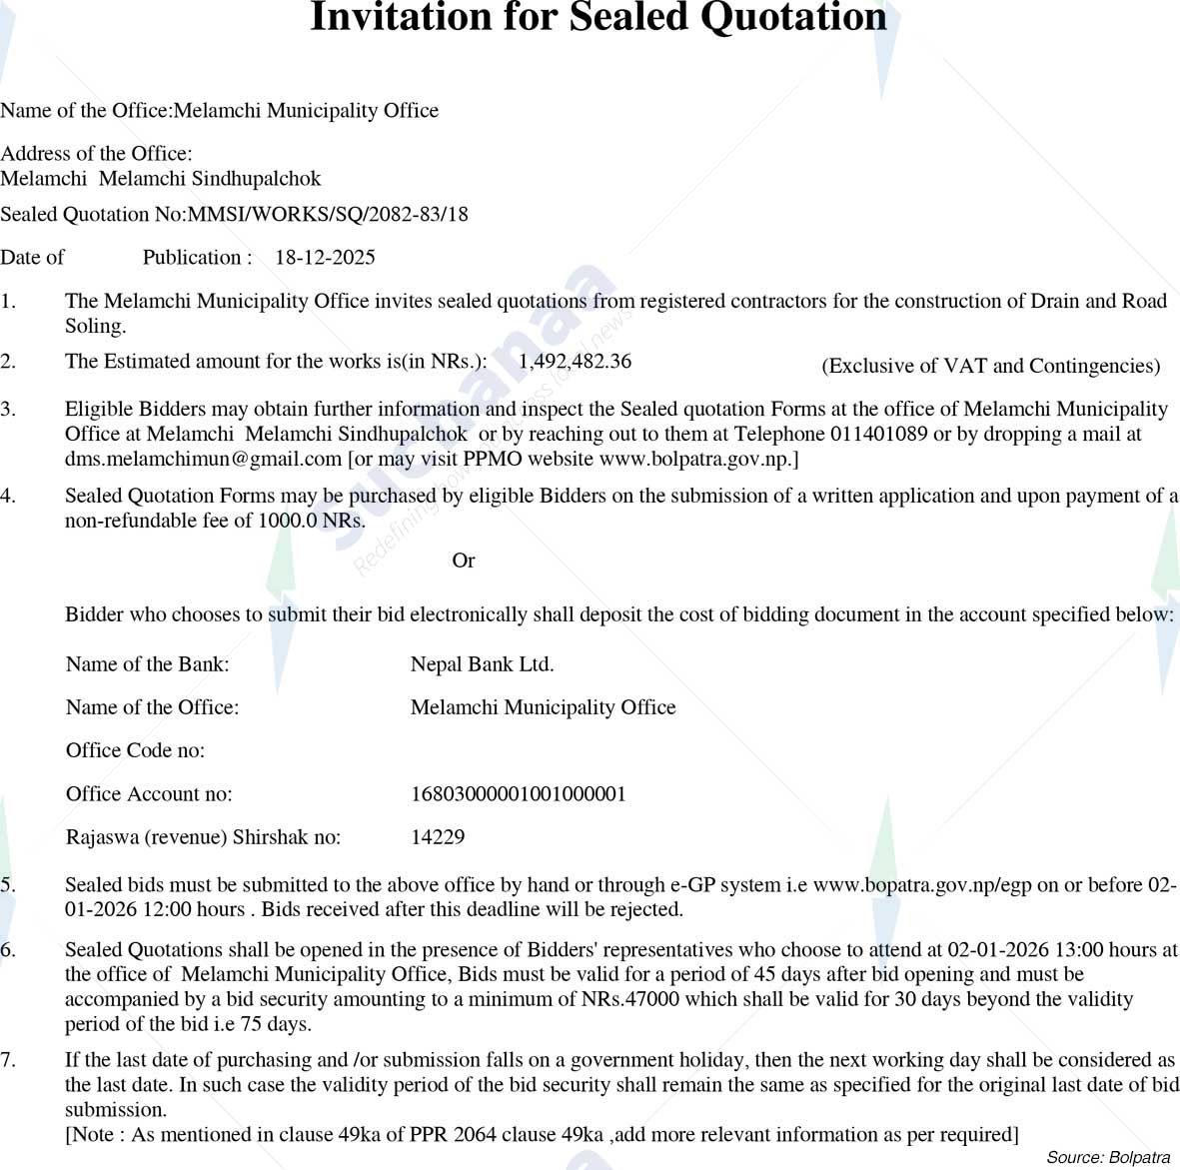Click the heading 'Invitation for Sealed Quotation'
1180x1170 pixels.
pyautogui.click(x=597, y=18)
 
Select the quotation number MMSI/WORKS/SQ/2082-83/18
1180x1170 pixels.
pyautogui.click(x=328, y=214)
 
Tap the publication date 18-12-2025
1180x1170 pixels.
pyautogui.click(x=325, y=258)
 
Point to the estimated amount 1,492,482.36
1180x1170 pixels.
pyautogui.click(x=575, y=362)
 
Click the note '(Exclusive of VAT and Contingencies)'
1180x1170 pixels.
pyautogui.click(x=990, y=366)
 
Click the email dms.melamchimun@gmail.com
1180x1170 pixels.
pyautogui.click(x=204, y=459)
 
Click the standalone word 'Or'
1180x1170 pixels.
pyautogui.click(x=463, y=561)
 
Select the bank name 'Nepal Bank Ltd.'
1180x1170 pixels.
pyautogui.click(x=482, y=664)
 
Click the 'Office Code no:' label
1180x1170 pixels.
pyautogui.click(x=135, y=750)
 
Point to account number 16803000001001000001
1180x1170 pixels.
pyautogui.click(x=518, y=794)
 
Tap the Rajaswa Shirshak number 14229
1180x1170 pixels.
pyautogui.click(x=438, y=837)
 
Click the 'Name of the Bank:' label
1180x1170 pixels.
pyautogui.click(x=147, y=664)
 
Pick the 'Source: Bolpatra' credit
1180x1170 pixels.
pyautogui.click(x=1107, y=1157)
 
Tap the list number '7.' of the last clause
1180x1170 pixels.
pyautogui.click(x=8, y=1060)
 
